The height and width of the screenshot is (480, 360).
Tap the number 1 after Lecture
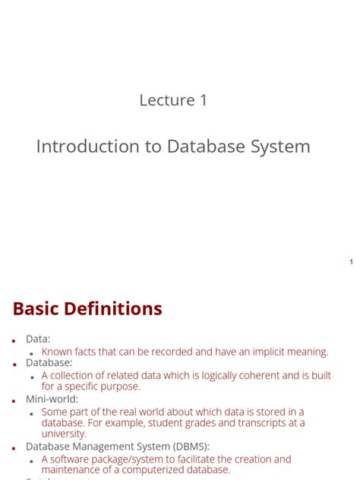pos(203,100)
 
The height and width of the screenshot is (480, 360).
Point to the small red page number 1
pos(351,262)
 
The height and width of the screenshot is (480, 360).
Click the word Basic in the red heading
pos(43,309)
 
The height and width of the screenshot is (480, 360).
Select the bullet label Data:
pos(38,339)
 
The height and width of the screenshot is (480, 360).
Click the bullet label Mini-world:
pos(52,399)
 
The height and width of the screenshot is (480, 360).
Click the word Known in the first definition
pos(58,352)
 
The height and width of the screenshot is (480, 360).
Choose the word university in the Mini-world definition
pos(64,434)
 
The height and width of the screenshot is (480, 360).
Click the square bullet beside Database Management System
pos(14,447)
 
